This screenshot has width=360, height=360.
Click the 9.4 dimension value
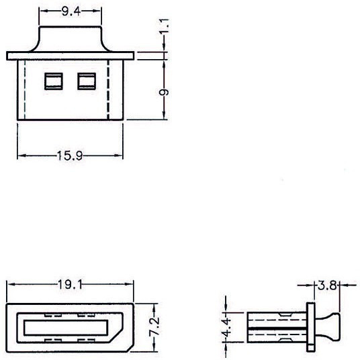71,11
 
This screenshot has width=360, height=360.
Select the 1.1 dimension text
164,26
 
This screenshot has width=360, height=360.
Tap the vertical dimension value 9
164,92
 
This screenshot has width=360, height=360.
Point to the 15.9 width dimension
70,156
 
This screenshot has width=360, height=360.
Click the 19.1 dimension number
70,285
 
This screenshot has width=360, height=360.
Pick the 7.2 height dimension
154,326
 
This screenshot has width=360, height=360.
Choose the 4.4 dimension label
227,327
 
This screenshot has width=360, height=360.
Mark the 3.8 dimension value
327,285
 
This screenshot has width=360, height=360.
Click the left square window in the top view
54,81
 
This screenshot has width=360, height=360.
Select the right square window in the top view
87,81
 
